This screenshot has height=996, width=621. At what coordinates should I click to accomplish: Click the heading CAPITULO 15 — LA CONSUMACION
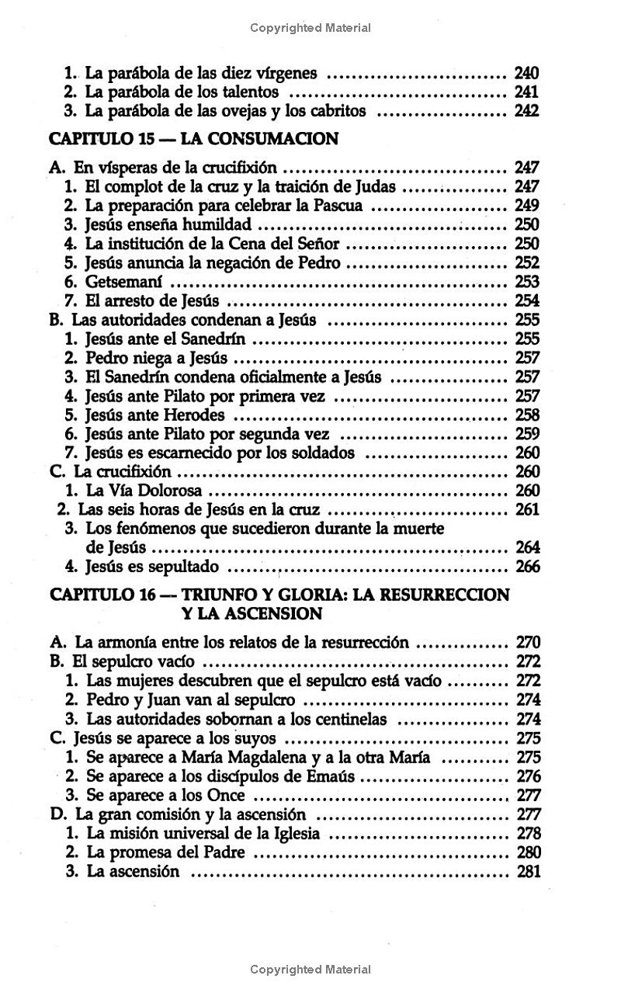point(193,139)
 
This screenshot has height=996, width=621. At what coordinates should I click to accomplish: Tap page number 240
point(526,74)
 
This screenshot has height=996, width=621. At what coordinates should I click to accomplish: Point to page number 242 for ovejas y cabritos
point(526,111)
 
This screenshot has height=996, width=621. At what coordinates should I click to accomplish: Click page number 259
point(527,434)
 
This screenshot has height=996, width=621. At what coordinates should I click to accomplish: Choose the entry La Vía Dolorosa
point(144,491)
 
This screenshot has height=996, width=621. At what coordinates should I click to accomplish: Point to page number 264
point(527,547)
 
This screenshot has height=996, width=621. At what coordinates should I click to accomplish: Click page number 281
point(528,871)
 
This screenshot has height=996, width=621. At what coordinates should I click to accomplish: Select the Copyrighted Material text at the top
point(310,28)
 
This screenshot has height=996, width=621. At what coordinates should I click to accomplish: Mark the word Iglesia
point(297,834)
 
